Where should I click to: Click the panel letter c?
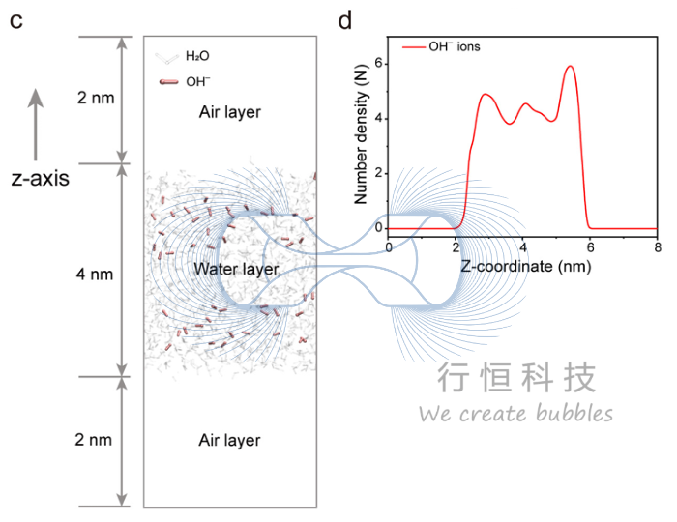[15, 19]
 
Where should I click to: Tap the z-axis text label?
[40, 178]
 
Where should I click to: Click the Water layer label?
[236, 269]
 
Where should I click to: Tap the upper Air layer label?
[229, 112]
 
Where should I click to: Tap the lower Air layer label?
[229, 440]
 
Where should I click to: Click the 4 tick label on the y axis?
[380, 119]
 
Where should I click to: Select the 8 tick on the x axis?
[657, 246]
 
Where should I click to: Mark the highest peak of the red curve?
[570, 67]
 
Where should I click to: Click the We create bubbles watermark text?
[515, 414]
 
